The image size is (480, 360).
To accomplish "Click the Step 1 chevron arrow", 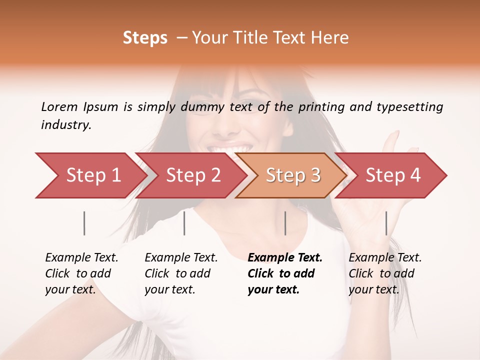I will [x=90, y=175].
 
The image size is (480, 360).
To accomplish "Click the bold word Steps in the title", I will [x=145, y=38].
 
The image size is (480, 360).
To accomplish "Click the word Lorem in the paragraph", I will [x=59, y=106].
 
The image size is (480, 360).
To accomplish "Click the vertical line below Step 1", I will [x=84, y=223].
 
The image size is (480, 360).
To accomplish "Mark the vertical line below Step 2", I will [x=184, y=223].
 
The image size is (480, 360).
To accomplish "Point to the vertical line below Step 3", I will [x=285, y=223].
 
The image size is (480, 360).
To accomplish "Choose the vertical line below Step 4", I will [x=386, y=223].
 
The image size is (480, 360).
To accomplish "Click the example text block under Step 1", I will [x=81, y=273].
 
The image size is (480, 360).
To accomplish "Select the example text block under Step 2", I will [x=181, y=273].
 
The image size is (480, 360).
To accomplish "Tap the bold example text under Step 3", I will [x=285, y=273].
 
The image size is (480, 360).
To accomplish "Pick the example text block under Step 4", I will [x=385, y=273].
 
